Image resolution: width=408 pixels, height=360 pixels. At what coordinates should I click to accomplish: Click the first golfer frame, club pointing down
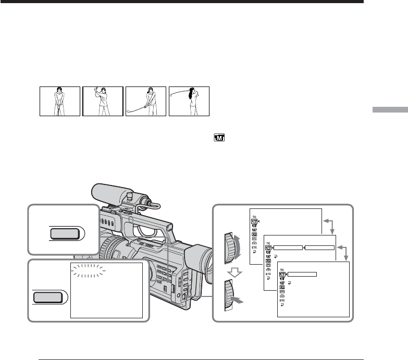tap(60, 101)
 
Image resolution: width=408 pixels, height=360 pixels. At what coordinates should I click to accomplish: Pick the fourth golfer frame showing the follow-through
tap(189, 101)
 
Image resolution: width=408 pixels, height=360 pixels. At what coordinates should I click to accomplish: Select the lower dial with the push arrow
tap(229, 295)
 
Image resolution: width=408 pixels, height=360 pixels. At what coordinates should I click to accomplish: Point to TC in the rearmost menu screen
tap(254, 216)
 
